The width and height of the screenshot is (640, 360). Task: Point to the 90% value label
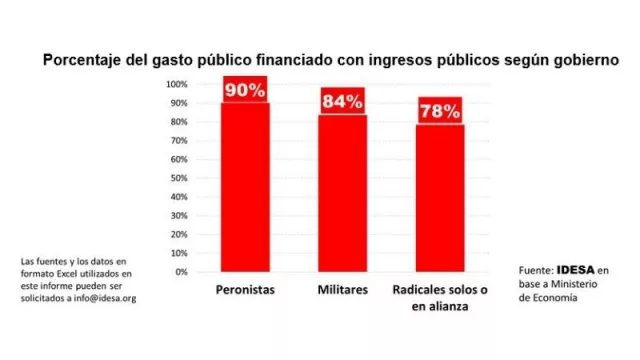[x=245, y=90]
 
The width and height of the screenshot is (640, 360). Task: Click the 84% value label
[x=342, y=101]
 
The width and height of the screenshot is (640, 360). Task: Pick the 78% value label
[x=440, y=111]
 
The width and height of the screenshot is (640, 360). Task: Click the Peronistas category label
[x=245, y=290]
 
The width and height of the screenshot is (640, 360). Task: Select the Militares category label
[x=342, y=290]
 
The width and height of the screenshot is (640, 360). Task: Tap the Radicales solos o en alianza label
[x=440, y=297]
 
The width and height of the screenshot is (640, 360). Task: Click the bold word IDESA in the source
[x=576, y=270]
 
